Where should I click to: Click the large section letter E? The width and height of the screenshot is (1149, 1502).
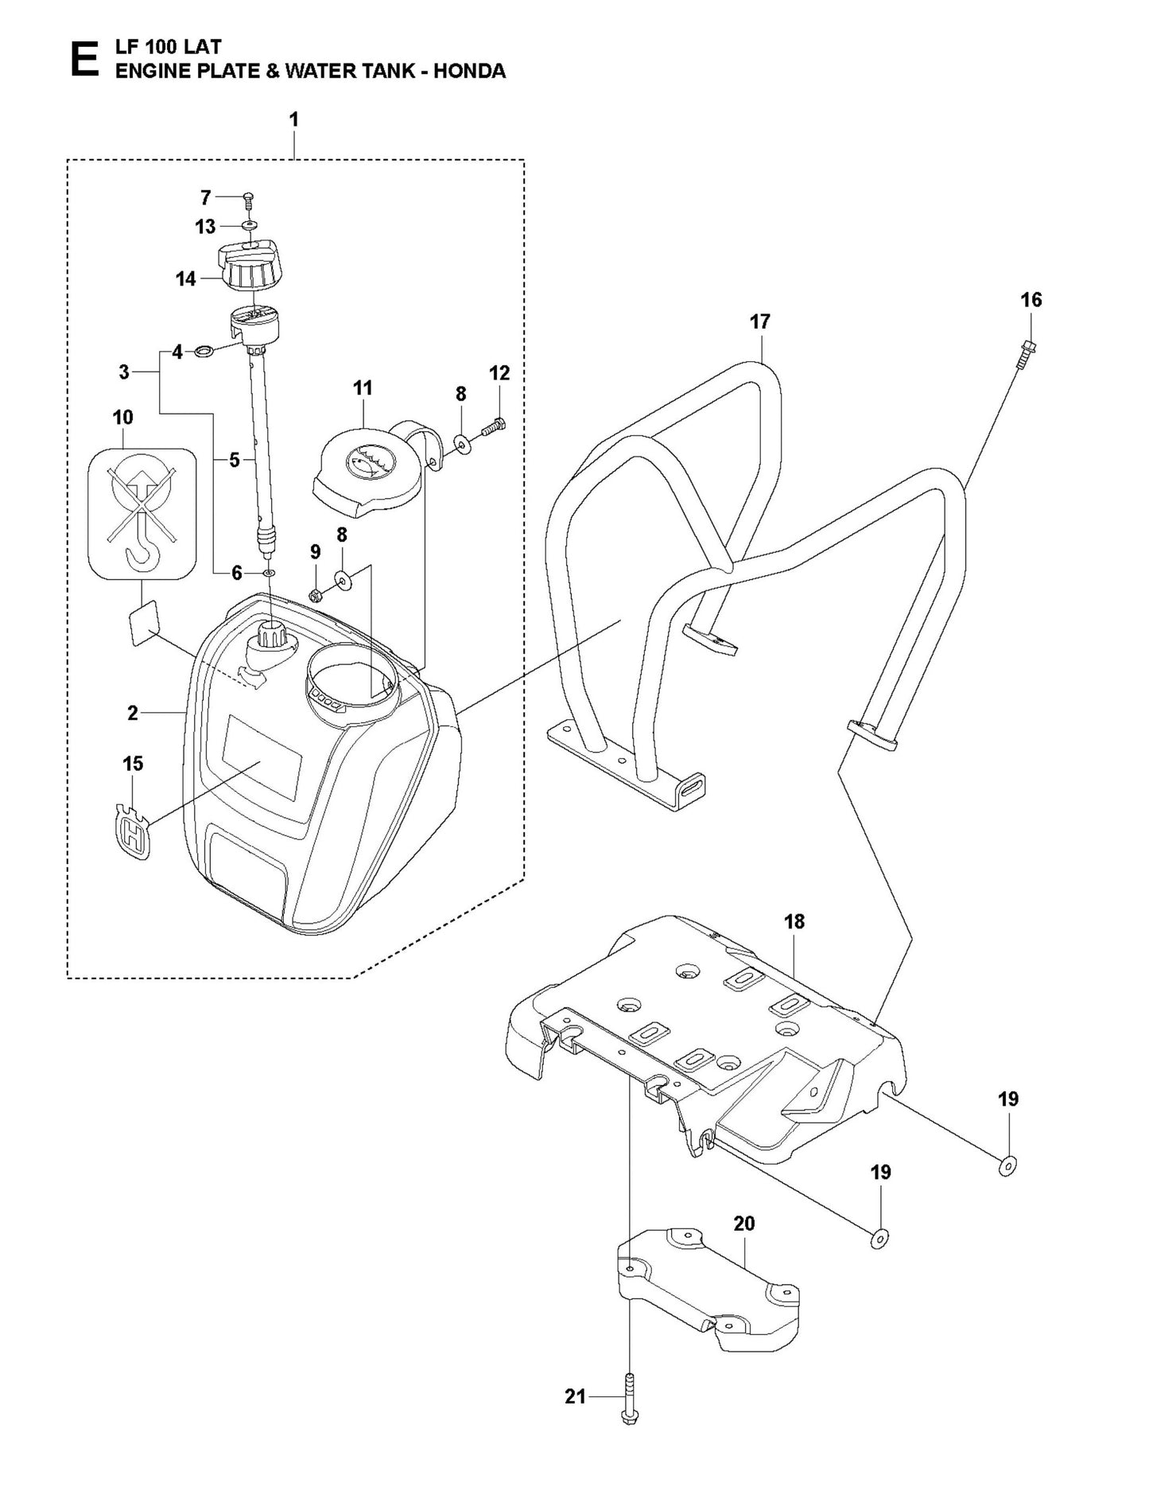[x=83, y=60]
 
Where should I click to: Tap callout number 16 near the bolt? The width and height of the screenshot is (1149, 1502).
[x=1031, y=300]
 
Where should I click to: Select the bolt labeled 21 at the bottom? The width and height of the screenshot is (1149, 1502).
[x=629, y=1397]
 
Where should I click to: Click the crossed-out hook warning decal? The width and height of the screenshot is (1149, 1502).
[x=142, y=513]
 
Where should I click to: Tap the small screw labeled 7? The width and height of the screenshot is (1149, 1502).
[x=247, y=197]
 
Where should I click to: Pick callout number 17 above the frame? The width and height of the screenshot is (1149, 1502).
[x=760, y=321]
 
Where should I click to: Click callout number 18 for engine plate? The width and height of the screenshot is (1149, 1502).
[x=794, y=921]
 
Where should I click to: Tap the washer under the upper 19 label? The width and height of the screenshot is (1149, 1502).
[x=1007, y=1167]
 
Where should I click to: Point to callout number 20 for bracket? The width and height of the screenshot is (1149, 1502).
[x=744, y=1224]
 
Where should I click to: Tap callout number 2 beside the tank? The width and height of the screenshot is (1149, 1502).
[x=133, y=713]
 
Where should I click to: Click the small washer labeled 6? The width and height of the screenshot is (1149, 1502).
[x=269, y=572]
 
